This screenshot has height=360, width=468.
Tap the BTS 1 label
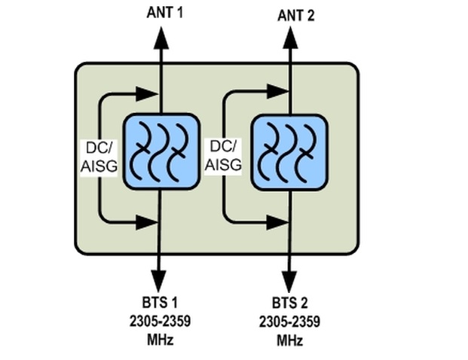tap(160, 304)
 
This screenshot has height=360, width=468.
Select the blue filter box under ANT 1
tap(160, 151)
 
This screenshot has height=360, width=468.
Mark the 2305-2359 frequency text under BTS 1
tap(160, 322)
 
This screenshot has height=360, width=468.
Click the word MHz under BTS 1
tap(160, 339)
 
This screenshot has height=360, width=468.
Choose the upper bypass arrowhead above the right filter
tap(275, 93)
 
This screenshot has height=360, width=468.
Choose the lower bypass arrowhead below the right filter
tap(275, 222)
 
